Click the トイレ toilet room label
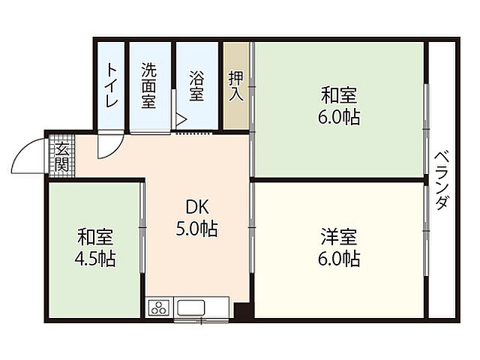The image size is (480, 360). pyautogui.click(x=111, y=85)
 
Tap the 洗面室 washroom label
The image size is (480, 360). pyautogui.click(x=149, y=85)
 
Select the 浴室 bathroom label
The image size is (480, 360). pyautogui.click(x=196, y=85)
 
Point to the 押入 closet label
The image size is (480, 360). pyautogui.click(x=235, y=85)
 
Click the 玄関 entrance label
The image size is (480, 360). pyautogui.click(x=61, y=155)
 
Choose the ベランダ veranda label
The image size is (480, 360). pyautogui.click(x=442, y=180)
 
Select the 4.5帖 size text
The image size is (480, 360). pyautogui.click(x=95, y=259)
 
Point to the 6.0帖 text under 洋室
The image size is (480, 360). pyautogui.click(x=339, y=259)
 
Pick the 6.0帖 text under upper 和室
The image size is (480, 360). pyautogui.click(x=339, y=118)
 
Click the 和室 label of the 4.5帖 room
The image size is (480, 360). pyautogui.click(x=95, y=237)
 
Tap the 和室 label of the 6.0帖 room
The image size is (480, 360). pyautogui.click(x=339, y=95)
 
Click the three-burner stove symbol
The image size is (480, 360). pyautogui.click(x=160, y=307)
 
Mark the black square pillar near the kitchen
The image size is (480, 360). pyautogui.click(x=241, y=310)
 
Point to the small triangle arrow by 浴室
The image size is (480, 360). pyautogui.click(x=180, y=118)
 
